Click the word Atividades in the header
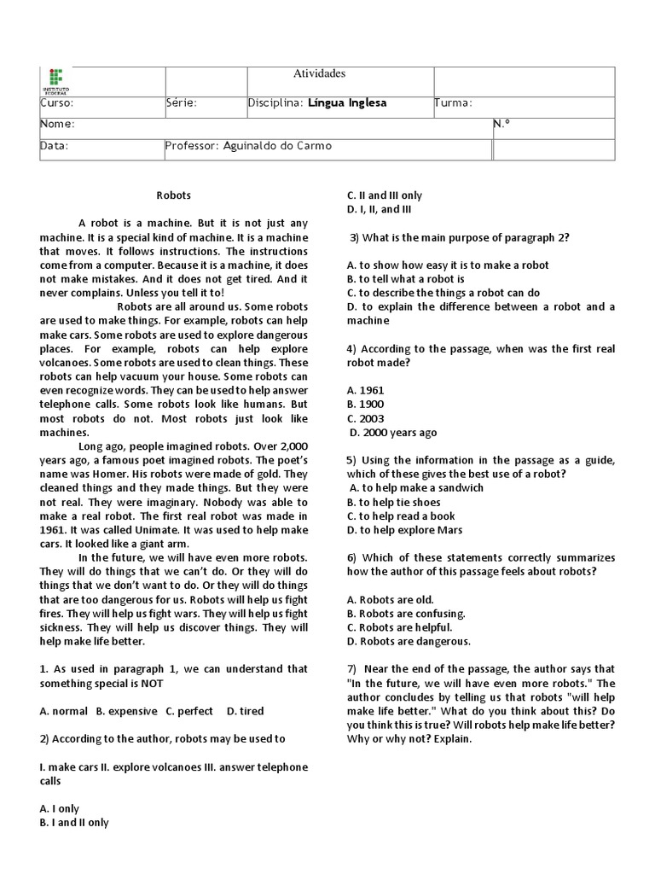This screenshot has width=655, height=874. point(319,74)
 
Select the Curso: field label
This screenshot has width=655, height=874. point(57,103)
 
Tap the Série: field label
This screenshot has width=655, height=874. point(182,103)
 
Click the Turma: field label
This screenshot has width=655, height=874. point(454,103)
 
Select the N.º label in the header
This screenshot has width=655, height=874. point(501,125)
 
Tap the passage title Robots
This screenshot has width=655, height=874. point(174,195)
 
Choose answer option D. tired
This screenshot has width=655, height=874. point(245,711)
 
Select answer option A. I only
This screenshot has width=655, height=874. point(60,808)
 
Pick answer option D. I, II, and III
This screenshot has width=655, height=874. point(379,209)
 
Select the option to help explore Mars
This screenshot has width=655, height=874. point(401,530)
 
